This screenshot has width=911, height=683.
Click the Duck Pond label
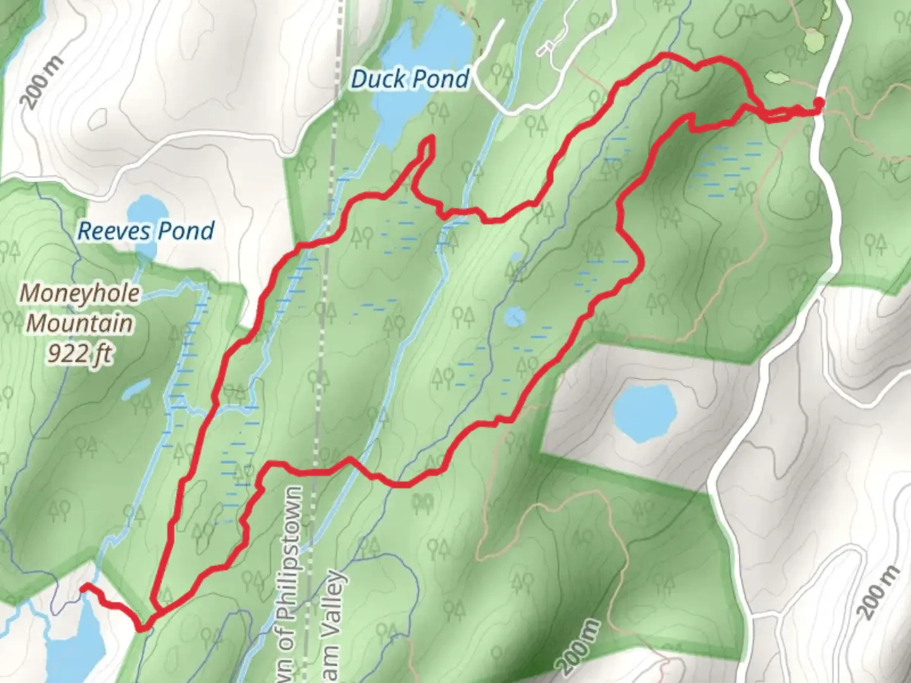tap(410, 79)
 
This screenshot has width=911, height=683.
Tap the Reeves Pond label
tap(146, 231)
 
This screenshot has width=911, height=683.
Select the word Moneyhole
tap(80, 293)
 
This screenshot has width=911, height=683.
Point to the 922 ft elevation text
tap(80, 354)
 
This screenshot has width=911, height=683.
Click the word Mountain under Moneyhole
tap(80, 323)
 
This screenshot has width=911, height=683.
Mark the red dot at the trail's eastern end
tap(819, 103)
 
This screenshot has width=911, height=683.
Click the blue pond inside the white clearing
tap(645, 412)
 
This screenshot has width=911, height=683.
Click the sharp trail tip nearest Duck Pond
tap(431, 138)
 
